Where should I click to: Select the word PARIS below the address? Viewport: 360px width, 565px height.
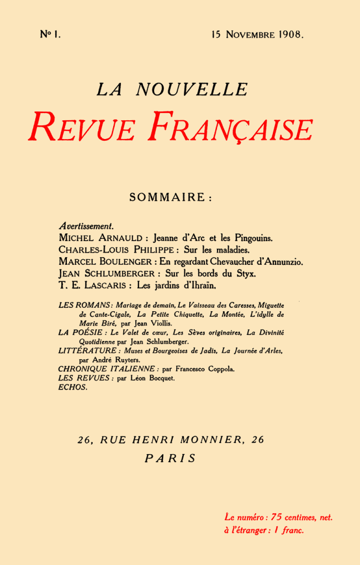coord(170,459)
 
